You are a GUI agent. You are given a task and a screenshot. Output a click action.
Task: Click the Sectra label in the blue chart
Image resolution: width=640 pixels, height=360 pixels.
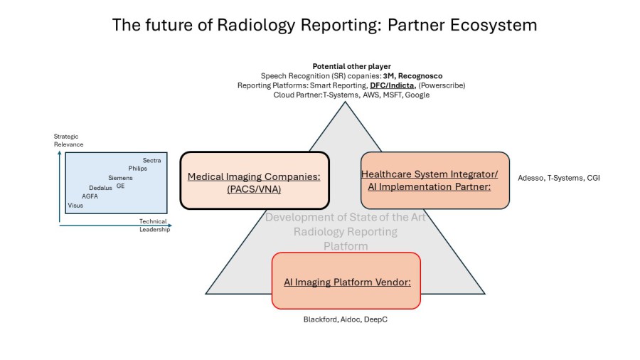[151, 161]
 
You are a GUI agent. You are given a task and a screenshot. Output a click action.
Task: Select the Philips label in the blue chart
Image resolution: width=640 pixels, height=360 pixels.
[138, 169]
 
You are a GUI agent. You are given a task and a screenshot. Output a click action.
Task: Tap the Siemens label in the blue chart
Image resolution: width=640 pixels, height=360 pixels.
[120, 178]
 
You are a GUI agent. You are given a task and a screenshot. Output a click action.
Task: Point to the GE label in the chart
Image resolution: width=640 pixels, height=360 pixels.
[120, 186]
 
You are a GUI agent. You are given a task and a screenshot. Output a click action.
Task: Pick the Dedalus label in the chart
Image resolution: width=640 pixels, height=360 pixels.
[100, 188]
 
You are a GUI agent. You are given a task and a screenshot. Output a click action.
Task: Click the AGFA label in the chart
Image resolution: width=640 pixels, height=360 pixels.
[90, 196]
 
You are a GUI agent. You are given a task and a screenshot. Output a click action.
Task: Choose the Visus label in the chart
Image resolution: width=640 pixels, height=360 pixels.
[75, 206]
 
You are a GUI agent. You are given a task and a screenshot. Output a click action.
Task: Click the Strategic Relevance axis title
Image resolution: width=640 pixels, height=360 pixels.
[68, 140]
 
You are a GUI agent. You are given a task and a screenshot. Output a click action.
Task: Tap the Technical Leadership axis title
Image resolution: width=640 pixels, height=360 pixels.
[154, 226]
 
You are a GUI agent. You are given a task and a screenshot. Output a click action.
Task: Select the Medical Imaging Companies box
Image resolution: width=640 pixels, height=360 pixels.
[254, 180]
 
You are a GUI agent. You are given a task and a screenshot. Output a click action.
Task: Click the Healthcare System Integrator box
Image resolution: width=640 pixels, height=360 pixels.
[434, 180]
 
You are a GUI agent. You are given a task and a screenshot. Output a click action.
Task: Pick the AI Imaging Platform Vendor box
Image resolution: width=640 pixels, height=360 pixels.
[346, 280]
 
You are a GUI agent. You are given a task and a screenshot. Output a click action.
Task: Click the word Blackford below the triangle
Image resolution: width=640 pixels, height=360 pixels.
[319, 320]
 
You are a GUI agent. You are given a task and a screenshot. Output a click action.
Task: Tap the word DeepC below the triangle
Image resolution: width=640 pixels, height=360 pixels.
[376, 320]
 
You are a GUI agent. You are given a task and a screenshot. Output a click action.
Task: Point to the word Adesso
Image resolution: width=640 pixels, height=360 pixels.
[530, 178]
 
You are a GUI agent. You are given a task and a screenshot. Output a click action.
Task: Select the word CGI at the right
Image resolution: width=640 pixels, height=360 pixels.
[593, 178]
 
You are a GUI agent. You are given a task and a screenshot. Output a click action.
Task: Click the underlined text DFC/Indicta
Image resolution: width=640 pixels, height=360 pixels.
[392, 85]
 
